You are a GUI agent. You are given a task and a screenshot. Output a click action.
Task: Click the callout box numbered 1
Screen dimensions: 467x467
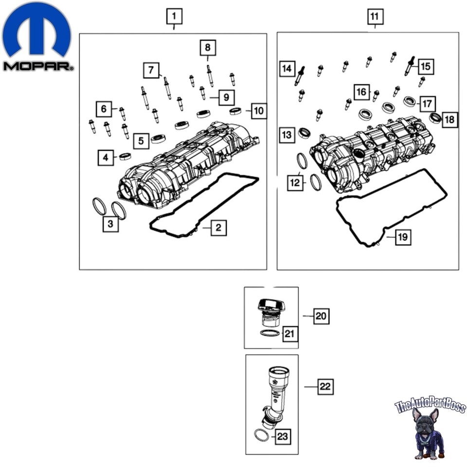click(174, 17)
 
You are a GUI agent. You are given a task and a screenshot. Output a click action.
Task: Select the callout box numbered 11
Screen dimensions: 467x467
click(374, 17)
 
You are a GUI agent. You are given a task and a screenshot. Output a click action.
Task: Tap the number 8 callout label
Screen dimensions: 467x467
click(208, 48)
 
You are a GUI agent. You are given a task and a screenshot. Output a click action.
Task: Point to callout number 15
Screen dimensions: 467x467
click(426, 66)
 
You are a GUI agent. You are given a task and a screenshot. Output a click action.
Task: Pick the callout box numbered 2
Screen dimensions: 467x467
click(218, 227)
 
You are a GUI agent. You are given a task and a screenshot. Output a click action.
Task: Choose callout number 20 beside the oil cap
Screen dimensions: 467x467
click(321, 317)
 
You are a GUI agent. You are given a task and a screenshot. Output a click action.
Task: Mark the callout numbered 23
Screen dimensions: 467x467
click(282, 436)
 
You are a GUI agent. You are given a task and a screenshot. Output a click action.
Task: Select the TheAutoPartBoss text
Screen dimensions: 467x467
click(430, 406)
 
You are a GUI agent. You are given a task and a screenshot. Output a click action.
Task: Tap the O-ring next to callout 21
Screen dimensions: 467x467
click(270, 333)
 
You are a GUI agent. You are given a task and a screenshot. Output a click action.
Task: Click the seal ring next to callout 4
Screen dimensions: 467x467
click(126, 156)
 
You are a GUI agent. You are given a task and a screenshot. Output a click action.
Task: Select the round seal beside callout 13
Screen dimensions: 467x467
click(305, 132)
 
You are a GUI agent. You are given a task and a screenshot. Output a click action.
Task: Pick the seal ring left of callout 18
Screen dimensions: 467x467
click(435, 117)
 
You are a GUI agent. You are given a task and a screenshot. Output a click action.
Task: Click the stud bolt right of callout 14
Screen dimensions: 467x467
click(299, 76)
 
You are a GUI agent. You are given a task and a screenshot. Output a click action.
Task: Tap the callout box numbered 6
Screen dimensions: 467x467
click(104, 109)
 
